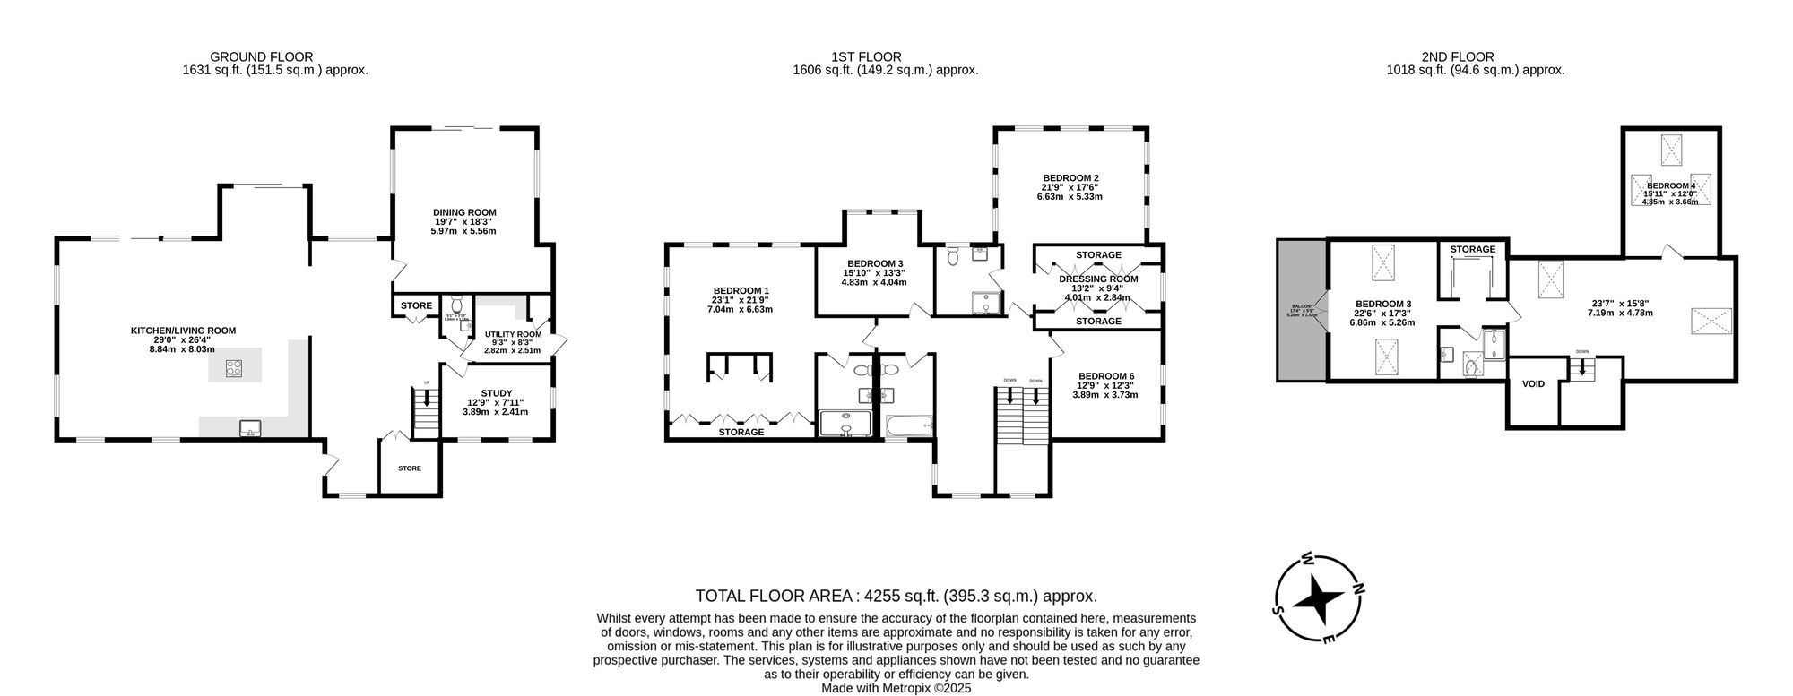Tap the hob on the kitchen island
click(234, 367)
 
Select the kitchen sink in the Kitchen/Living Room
click(250, 428)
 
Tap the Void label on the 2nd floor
click(1533, 384)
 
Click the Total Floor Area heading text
click(896, 596)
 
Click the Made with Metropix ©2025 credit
click(896, 688)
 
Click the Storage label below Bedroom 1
click(741, 432)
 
